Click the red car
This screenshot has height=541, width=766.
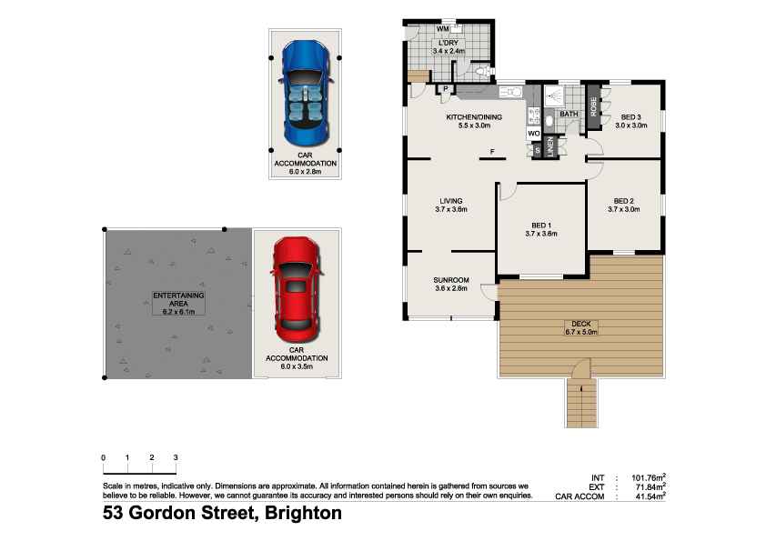pyautogui.click(x=297, y=285)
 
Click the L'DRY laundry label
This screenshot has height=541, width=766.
pyautogui.click(x=449, y=44)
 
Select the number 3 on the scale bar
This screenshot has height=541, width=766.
pyautogui.click(x=176, y=457)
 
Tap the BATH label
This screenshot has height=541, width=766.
pyautogui.click(x=569, y=114)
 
